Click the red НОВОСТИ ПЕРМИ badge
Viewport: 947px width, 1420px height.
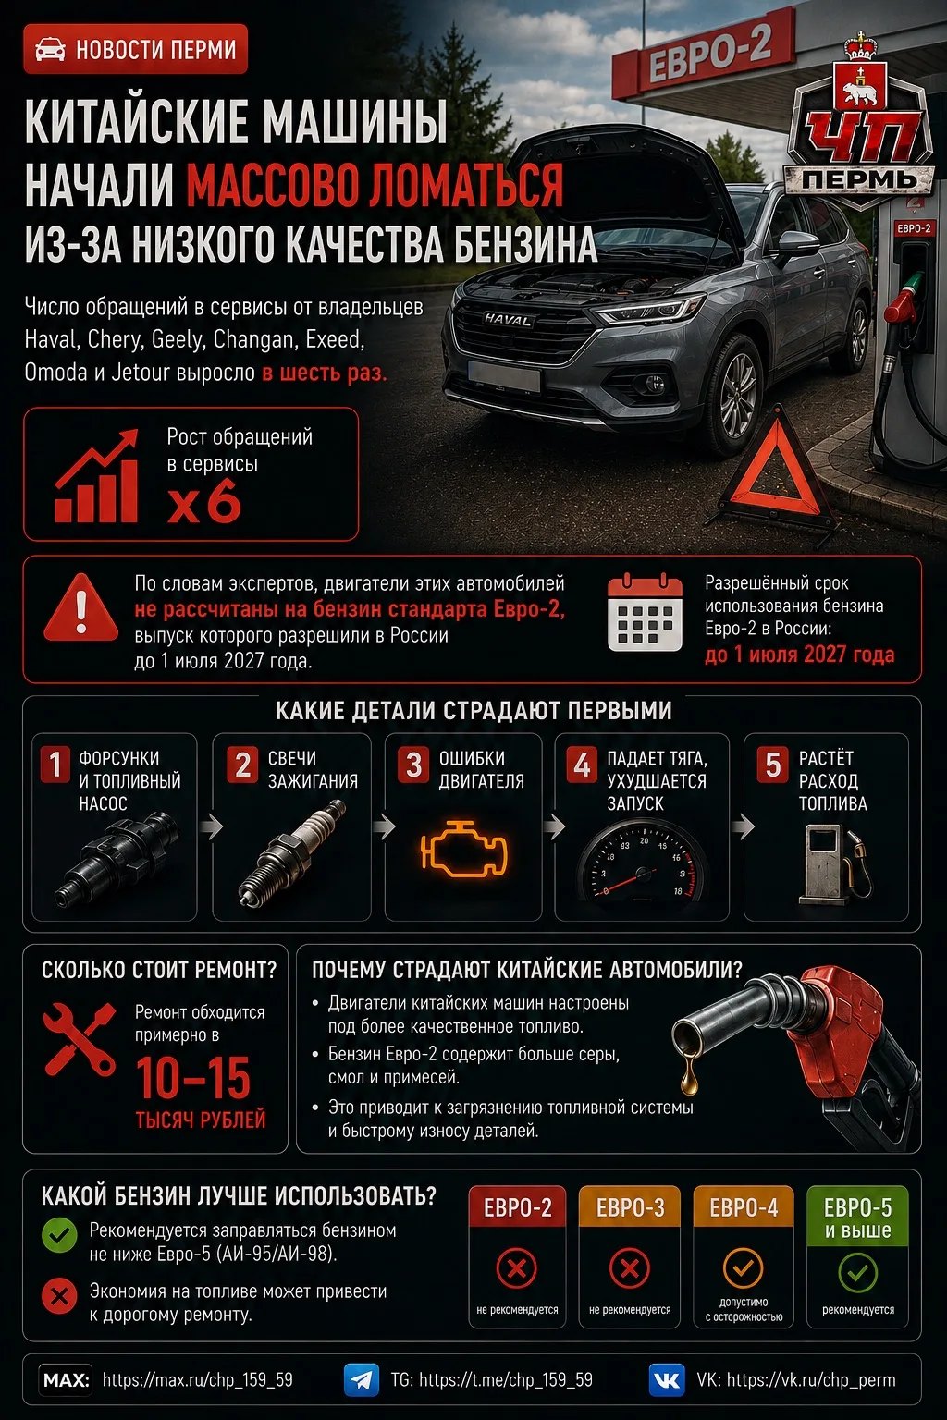coord(135,49)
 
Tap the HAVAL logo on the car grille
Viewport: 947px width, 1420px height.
coord(508,320)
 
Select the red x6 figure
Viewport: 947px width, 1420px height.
coord(204,501)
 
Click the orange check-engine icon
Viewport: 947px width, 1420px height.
coord(463,848)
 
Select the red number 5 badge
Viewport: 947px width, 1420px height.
coord(772,765)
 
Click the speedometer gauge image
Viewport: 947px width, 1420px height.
coord(643,863)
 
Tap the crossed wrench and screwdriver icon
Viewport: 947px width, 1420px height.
coord(80,1039)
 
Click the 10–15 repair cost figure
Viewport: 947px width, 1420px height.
coord(193,1077)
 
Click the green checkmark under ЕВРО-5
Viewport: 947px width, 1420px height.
coord(857,1272)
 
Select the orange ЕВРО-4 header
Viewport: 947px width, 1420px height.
coord(744,1206)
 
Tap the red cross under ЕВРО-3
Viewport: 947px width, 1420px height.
coord(629,1268)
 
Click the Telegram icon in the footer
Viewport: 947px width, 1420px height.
coord(362,1380)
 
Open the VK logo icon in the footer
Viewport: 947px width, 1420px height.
coord(667,1380)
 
